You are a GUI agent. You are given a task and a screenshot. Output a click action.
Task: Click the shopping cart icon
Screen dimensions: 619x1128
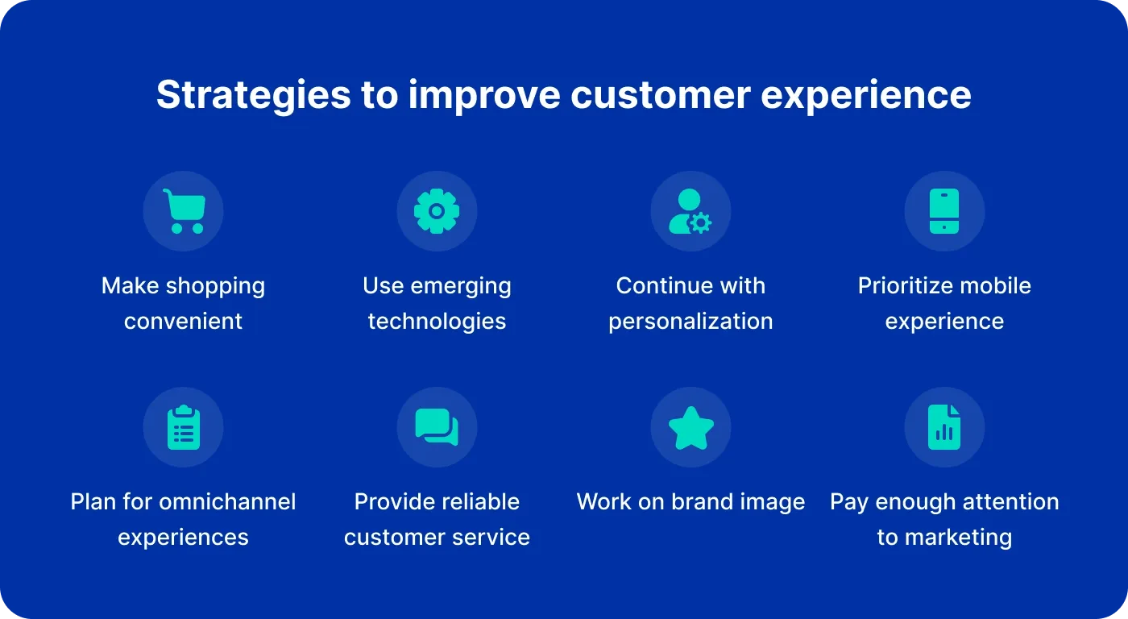coord(183,211)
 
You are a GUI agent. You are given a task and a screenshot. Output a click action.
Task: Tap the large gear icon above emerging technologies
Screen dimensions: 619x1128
coord(437,211)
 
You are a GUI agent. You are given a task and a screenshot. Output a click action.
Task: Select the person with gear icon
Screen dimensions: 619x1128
coord(690,211)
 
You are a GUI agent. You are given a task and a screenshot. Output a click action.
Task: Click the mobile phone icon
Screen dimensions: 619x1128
coord(944,211)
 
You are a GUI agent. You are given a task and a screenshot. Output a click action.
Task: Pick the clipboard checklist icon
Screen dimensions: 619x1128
coord(183,427)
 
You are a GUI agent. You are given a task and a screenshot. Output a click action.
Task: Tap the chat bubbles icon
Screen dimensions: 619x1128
coord(437,427)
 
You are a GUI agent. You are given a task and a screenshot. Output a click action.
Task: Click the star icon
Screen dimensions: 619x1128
coord(690,428)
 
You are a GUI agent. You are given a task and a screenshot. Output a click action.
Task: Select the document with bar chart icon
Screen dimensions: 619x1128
coord(944,427)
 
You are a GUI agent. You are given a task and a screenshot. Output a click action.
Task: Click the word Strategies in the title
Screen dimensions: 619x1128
coord(253,95)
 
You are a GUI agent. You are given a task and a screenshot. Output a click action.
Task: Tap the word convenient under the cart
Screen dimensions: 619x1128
coord(183,321)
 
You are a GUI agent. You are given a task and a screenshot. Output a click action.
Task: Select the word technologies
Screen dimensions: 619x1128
coord(437,321)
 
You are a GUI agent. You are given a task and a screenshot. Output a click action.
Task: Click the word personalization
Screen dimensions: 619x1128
coord(690,321)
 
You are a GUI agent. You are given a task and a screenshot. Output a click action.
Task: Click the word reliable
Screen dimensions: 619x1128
coord(480,501)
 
